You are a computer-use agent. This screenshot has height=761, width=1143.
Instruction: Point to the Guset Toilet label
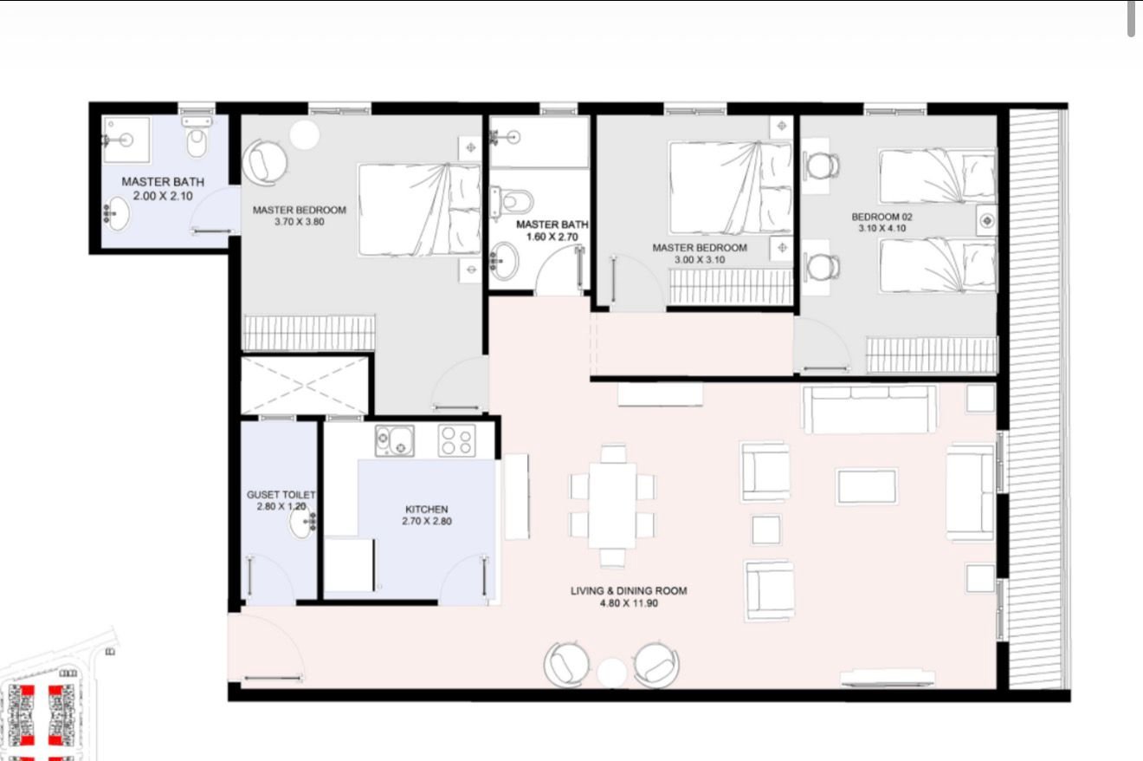pyautogui.click(x=281, y=494)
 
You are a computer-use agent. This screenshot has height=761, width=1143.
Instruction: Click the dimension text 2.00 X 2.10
pyautogui.click(x=163, y=196)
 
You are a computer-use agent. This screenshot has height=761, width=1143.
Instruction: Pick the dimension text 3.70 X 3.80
pyautogui.click(x=300, y=222)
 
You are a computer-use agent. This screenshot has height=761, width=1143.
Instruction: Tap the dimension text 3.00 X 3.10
pyautogui.click(x=700, y=259)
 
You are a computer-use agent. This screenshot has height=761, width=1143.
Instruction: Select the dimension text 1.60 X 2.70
pyautogui.click(x=552, y=237)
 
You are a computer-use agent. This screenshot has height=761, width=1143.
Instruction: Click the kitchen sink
pyautogui.click(x=395, y=441)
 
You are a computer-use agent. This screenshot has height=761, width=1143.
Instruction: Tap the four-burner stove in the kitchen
pyautogui.click(x=456, y=441)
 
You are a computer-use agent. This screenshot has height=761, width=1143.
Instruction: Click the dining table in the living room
pyautogui.click(x=613, y=505)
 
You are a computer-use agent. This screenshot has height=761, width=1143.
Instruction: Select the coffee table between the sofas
pyautogui.click(x=867, y=486)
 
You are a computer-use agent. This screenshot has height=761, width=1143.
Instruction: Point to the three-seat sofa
pyautogui.click(x=869, y=408)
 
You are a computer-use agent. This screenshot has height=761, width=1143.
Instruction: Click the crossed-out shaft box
pyautogui.click(x=305, y=385)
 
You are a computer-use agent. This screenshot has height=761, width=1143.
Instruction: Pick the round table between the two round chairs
pyautogui.click(x=611, y=673)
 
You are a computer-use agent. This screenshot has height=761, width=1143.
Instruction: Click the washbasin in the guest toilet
pyautogui.click(x=302, y=522)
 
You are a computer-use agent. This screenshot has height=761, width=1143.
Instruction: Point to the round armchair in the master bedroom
pyautogui.click(x=264, y=161)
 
